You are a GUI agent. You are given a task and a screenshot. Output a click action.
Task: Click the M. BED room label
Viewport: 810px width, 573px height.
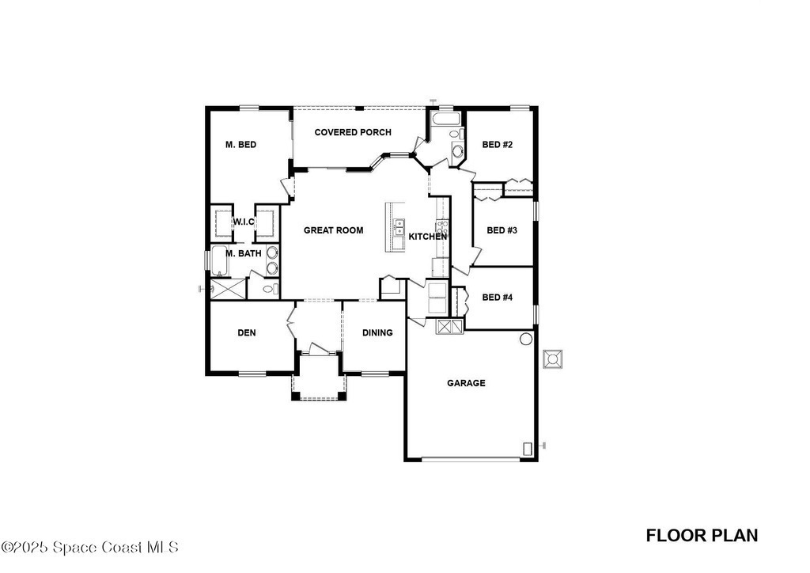pos(240,145)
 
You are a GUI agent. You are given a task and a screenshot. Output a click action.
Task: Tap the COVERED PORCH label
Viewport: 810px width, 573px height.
pos(353,132)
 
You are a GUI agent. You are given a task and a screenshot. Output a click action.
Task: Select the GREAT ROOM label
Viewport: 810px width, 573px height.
pos(333,230)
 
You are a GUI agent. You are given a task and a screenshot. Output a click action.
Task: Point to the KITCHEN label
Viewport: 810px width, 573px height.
pos(428,237)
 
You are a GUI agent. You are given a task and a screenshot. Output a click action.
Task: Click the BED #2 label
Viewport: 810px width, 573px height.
pos(498,145)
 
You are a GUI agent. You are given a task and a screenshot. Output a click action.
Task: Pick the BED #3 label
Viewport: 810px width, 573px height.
pos(502,230)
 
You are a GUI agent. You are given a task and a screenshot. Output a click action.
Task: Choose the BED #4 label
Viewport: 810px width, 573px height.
pos(498,297)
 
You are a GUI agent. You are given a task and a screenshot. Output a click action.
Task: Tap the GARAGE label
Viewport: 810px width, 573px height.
pos(466,383)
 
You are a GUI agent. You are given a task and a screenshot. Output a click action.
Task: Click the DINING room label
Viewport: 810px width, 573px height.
pos(377,332)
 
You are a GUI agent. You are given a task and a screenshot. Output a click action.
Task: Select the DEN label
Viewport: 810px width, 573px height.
pos(247,332)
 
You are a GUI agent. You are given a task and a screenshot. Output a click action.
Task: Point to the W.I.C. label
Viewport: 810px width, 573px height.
pos(244,222)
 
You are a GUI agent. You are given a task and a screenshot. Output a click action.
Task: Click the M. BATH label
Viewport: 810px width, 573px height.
pos(244,254)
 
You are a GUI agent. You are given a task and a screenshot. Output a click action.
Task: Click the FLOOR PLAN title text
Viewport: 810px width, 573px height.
pos(702,535)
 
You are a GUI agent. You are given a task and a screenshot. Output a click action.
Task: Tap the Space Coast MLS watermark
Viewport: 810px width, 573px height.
pos(90,547)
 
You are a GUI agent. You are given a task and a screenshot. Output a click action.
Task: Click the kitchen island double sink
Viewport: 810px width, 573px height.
pos(399,228)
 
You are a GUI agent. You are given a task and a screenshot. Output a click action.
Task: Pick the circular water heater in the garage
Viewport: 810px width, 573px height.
pos(525,339)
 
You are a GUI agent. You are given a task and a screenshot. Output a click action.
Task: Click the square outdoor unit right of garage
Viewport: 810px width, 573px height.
pos(553,359)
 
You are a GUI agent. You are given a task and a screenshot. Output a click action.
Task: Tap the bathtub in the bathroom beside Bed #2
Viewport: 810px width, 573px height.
pos(446,120)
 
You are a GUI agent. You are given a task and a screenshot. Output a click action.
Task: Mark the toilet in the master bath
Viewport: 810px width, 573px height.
pos(271,288)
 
